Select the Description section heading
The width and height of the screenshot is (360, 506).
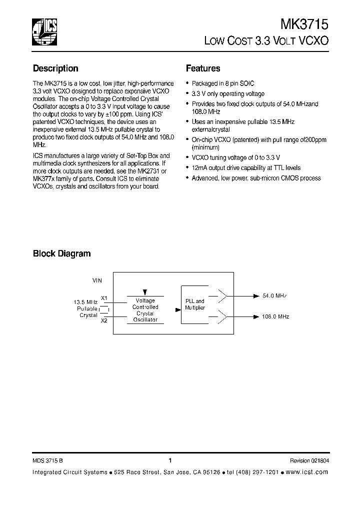click(55, 68)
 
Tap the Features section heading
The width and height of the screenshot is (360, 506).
click(203, 68)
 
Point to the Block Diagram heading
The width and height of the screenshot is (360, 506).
click(61, 253)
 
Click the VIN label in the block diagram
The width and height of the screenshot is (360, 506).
click(97, 281)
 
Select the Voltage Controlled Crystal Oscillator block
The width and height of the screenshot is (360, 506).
click(145, 310)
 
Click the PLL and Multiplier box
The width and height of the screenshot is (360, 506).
click(195, 304)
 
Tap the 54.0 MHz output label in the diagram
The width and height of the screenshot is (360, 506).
click(274, 296)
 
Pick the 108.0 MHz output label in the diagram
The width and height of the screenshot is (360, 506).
click(275, 316)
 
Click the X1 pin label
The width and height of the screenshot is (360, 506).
click(104, 298)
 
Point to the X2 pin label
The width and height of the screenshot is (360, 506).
click(104, 320)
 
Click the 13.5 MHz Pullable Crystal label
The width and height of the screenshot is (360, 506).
click(85, 309)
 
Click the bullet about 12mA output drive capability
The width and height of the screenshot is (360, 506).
click(246, 168)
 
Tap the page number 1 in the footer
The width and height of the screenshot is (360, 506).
click(170, 460)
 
